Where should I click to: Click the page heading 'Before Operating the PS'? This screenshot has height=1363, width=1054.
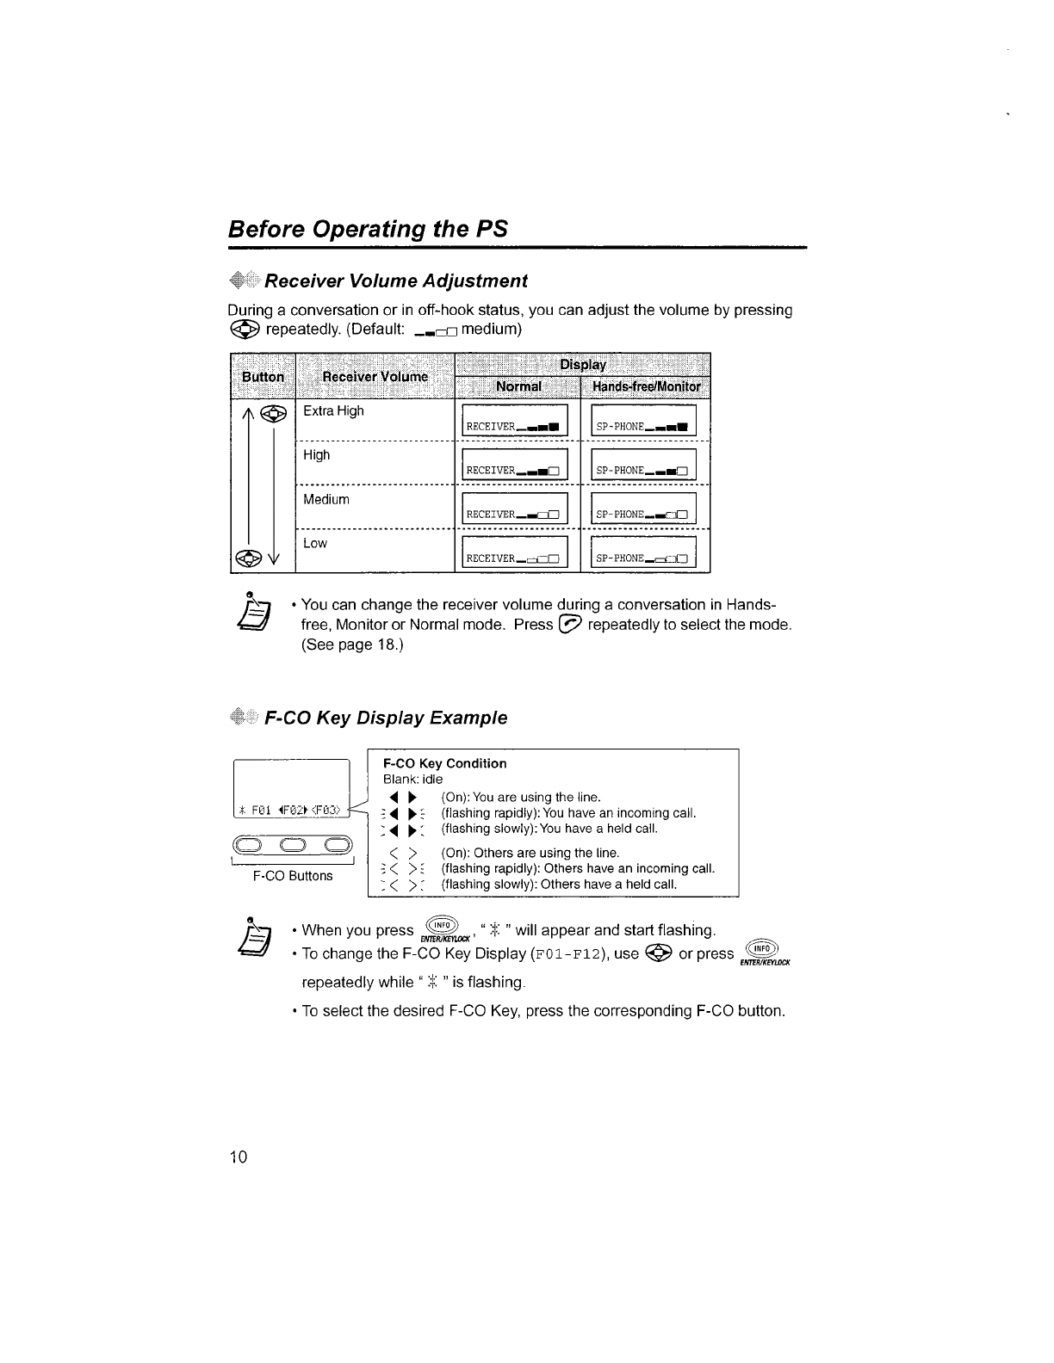point(368,230)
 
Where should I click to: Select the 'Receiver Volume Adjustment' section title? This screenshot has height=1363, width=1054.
point(395,281)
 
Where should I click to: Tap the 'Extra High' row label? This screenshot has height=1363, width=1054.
point(333,411)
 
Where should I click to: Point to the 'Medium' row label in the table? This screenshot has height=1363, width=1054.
point(326,500)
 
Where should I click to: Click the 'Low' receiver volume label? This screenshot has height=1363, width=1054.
point(315,544)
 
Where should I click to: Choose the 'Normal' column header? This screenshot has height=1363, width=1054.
point(518,386)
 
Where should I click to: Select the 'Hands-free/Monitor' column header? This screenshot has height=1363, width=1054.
point(647,386)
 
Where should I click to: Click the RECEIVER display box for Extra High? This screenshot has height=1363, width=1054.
point(515,421)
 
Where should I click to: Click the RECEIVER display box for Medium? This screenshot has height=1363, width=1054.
point(515,509)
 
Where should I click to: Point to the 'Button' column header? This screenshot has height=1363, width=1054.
point(263,377)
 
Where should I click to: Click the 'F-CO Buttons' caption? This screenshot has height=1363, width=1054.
point(293,876)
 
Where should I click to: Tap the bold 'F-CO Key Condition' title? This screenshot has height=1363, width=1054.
point(444,763)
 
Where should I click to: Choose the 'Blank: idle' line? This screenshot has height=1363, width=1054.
point(412,779)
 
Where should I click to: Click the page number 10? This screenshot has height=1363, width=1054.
point(238,1156)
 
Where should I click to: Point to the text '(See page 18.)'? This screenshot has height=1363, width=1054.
point(352,644)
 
